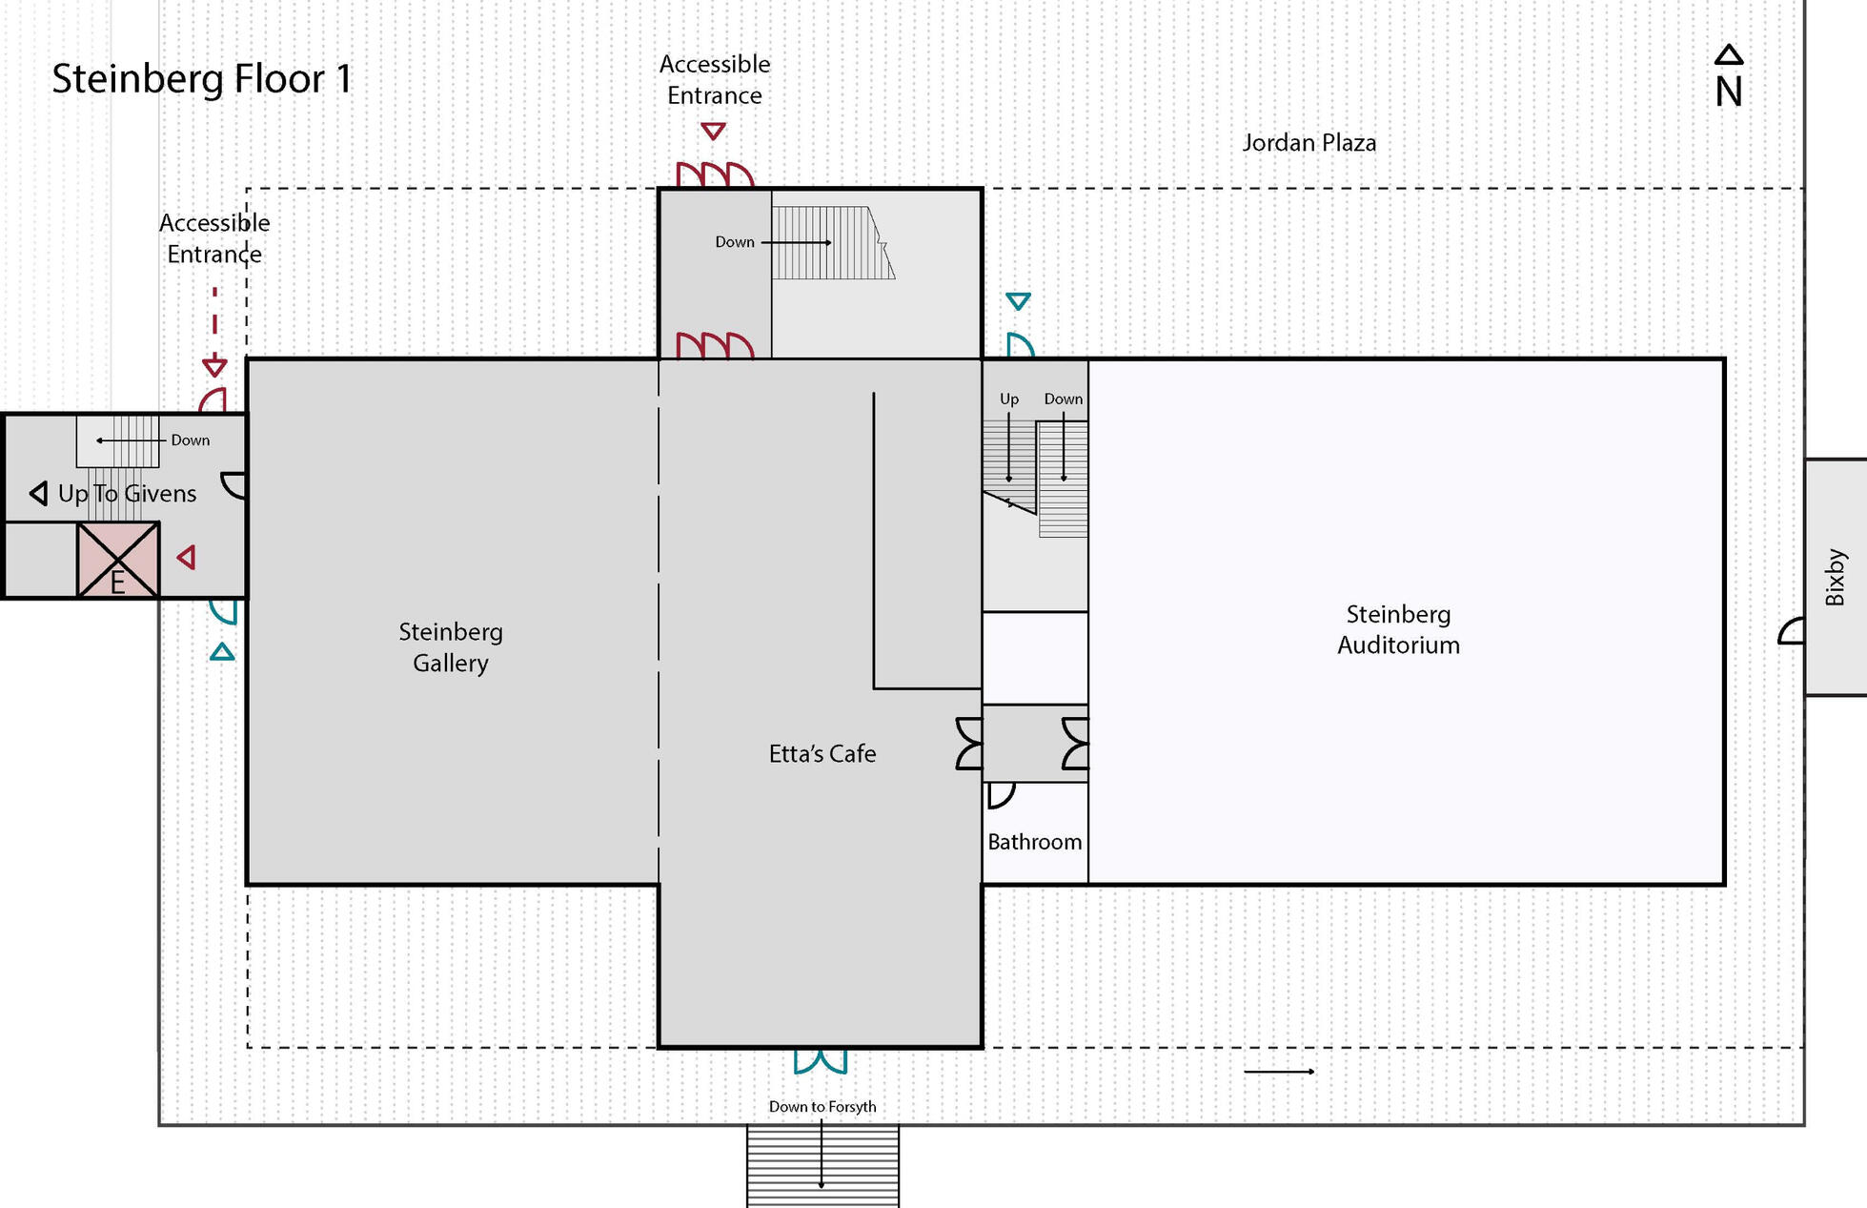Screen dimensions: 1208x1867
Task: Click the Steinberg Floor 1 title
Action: pyautogui.click(x=201, y=78)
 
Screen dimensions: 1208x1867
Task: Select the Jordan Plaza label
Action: pyautogui.click(x=1309, y=143)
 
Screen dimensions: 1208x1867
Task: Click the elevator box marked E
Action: pyautogui.click(x=118, y=561)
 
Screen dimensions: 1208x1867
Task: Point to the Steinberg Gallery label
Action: pyautogui.click(x=451, y=646)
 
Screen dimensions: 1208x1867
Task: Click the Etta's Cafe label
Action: pyautogui.click(x=822, y=753)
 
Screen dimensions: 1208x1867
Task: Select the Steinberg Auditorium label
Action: pyautogui.click(x=1398, y=629)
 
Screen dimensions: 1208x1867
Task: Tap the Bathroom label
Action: pyautogui.click(x=1034, y=842)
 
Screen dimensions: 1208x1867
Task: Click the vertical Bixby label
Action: pyautogui.click(x=1835, y=577)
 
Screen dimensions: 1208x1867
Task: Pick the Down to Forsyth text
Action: pyautogui.click(x=822, y=1106)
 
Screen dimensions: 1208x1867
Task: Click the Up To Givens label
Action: pyautogui.click(x=126, y=493)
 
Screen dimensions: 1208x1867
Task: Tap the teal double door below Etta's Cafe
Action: pyautogui.click(x=821, y=1061)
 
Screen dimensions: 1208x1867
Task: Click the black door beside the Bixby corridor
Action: pyautogui.click(x=1792, y=631)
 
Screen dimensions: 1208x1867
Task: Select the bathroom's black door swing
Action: pyautogui.click(x=1000, y=794)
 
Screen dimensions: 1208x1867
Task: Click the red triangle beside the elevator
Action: pyautogui.click(x=188, y=558)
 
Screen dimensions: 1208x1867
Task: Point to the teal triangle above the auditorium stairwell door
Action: pyautogui.click(x=1018, y=301)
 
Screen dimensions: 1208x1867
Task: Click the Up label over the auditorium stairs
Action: pyautogui.click(x=1008, y=399)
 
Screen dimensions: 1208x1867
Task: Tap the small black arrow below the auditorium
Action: pyautogui.click(x=1279, y=1072)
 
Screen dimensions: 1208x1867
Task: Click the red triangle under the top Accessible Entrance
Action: pyautogui.click(x=713, y=131)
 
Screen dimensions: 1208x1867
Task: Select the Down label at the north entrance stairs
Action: pyautogui.click(x=734, y=242)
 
